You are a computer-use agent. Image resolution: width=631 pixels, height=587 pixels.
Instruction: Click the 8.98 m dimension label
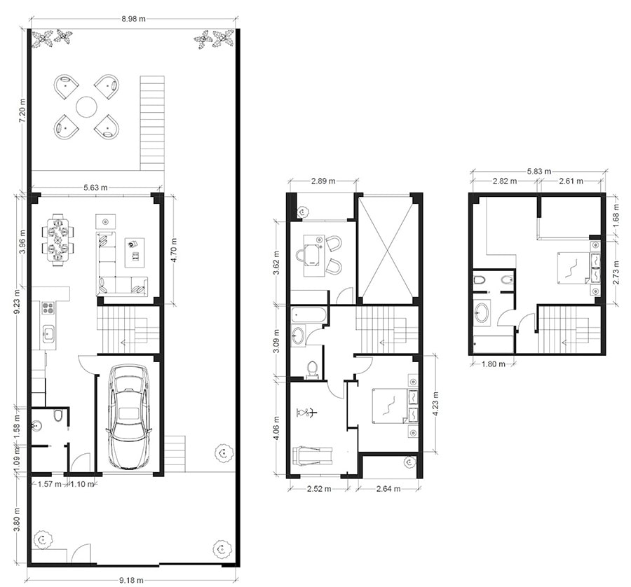click(x=133, y=18)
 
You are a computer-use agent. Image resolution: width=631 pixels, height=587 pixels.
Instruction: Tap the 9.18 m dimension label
click(x=131, y=580)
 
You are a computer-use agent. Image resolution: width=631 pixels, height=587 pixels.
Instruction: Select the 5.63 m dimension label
click(x=95, y=187)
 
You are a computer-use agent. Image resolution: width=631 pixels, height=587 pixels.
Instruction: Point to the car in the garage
click(x=129, y=417)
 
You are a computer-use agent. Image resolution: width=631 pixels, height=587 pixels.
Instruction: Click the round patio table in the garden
click(x=86, y=107)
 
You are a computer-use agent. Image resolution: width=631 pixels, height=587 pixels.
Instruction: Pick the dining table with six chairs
click(x=58, y=240)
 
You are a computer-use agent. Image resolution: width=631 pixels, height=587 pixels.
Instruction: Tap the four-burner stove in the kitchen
click(x=48, y=308)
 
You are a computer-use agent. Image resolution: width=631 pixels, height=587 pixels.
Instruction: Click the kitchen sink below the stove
click(x=48, y=333)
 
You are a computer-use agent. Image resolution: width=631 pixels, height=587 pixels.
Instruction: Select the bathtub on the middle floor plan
click(x=308, y=315)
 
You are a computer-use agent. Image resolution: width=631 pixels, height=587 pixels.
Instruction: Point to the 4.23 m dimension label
click(x=437, y=403)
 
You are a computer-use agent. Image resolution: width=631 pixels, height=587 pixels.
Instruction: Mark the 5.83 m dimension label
click(x=539, y=172)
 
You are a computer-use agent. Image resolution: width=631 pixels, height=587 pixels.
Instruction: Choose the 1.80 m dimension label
click(x=494, y=364)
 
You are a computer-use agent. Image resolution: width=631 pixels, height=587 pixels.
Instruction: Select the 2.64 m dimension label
click(x=388, y=489)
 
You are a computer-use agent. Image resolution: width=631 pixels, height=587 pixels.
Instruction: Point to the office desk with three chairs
click(x=318, y=255)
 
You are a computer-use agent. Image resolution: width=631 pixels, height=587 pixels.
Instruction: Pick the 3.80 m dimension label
click(x=17, y=520)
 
